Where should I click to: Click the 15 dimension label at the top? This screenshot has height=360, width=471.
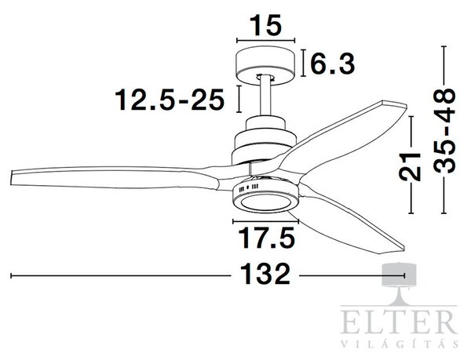[265, 25]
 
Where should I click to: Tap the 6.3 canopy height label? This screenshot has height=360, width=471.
[333, 64]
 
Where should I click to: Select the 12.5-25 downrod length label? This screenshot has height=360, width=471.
[170, 100]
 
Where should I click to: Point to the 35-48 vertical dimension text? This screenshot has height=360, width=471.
[445, 131]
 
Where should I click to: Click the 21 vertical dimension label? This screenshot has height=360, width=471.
[410, 167]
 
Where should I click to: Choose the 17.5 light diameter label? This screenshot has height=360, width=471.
[266, 238]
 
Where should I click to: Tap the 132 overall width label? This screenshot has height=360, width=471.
[265, 274]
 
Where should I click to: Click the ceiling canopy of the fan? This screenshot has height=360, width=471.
[266, 64]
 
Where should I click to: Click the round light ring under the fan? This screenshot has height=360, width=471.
[265, 203]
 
